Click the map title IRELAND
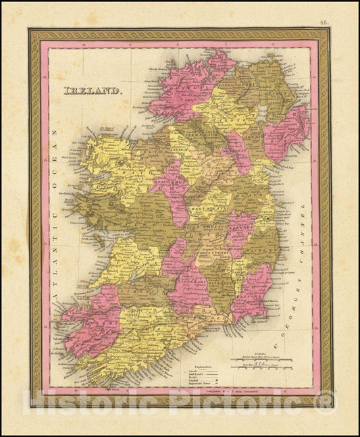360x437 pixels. point(93,90)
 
